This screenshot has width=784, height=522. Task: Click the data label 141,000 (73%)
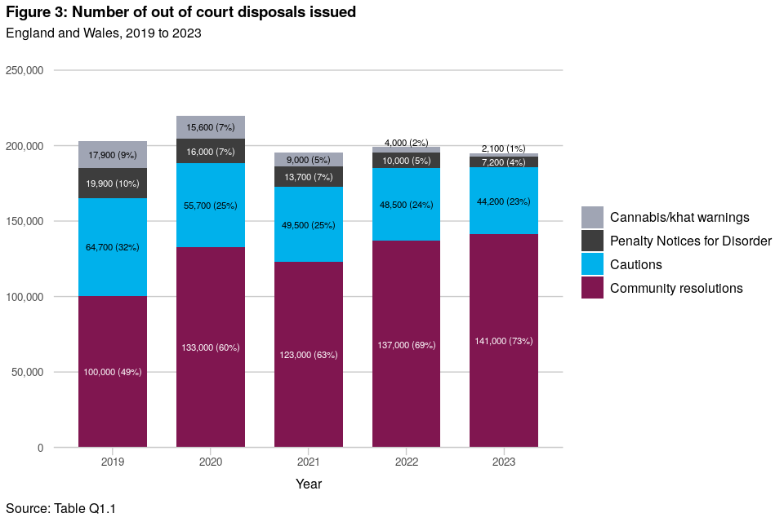(x=504, y=341)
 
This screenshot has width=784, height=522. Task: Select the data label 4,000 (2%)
(x=407, y=143)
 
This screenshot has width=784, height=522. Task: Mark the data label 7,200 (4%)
(x=504, y=162)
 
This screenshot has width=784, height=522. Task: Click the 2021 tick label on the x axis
(x=309, y=462)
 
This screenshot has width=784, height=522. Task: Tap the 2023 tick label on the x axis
(x=504, y=462)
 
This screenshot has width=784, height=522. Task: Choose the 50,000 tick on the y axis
(x=27, y=373)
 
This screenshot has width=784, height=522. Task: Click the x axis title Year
(x=309, y=484)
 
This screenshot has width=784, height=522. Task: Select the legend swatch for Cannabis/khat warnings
(x=593, y=217)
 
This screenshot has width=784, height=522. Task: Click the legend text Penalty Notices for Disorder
(x=691, y=241)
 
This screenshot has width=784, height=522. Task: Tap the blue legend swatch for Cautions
(x=593, y=264)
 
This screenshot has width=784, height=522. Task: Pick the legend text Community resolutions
(x=676, y=288)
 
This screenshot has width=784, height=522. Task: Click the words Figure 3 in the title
(x=36, y=13)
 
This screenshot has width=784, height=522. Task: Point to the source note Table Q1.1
(x=85, y=508)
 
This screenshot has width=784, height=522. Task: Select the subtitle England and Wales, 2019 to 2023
(x=104, y=33)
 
